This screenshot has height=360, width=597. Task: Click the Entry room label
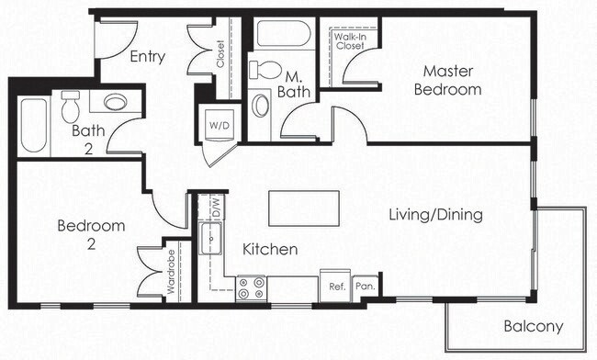(147, 57)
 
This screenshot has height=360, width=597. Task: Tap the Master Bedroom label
(447, 80)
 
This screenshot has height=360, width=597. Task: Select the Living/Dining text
(435, 215)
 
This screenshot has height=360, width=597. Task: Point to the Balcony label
(533, 326)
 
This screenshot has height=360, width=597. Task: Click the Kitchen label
(269, 249)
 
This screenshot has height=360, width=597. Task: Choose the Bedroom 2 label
(90, 234)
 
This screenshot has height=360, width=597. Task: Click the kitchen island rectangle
(303, 208)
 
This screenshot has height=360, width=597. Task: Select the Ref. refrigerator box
(336, 286)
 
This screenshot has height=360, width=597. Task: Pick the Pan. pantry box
(365, 286)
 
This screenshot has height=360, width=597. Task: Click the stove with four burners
(251, 288)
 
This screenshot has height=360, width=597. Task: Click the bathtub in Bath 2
(34, 126)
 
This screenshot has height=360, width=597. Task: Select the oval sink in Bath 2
(116, 101)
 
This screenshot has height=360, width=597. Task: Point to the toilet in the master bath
(267, 70)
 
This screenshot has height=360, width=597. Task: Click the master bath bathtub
(283, 34)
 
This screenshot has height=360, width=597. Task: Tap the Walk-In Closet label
(349, 39)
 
